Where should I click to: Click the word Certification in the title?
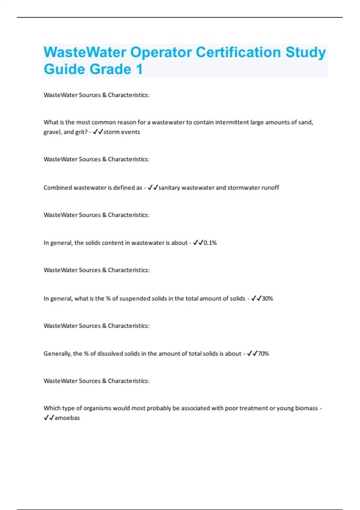click(238, 52)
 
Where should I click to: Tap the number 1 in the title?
click(139, 69)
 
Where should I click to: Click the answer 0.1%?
click(210, 243)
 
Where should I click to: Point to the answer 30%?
click(267, 298)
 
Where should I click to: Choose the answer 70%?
click(263, 354)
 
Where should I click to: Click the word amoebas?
click(67, 418)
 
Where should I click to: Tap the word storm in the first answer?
click(111, 132)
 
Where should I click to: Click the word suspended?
click(135, 298)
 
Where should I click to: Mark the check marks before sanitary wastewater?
click(153, 188)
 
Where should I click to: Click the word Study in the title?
click(305, 52)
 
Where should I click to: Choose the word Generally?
click(57, 354)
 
